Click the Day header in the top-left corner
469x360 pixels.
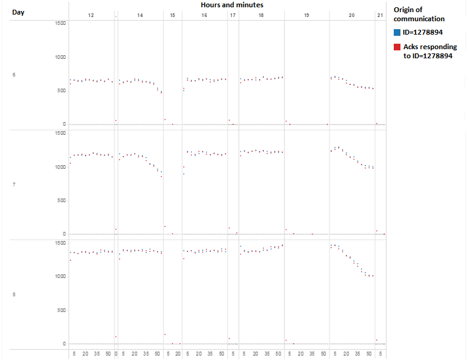18,12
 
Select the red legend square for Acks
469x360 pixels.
397,47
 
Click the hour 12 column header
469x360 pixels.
91,15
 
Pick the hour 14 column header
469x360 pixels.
140,15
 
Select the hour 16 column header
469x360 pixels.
204,15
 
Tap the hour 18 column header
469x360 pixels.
261,15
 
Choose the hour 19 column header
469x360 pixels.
306,15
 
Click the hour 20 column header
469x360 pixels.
351,15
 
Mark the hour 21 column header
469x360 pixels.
380,15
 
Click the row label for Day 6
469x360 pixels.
14,75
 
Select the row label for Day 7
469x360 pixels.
14,184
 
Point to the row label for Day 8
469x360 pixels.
14,294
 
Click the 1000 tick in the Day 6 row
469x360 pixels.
59,57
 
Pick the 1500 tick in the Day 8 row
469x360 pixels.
59,243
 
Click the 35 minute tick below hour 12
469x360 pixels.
97,354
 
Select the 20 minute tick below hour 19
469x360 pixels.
302,354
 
